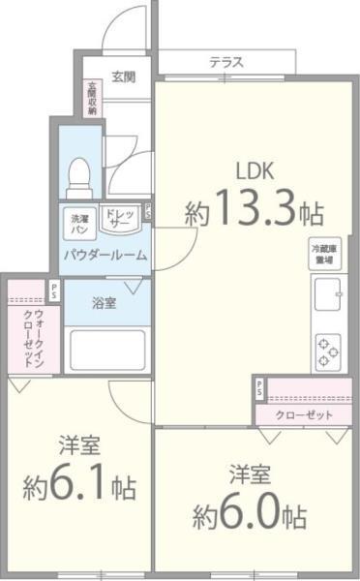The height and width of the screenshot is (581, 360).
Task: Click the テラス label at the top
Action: click(x=225, y=62)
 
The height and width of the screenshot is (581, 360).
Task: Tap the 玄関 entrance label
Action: click(x=122, y=76)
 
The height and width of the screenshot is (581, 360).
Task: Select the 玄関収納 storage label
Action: click(x=92, y=98)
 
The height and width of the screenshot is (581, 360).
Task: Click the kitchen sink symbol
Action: click(x=327, y=291)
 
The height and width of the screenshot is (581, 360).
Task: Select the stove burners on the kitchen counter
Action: click(x=328, y=352)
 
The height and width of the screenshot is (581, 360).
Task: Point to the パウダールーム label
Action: click(x=105, y=256)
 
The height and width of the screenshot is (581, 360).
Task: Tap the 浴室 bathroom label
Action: click(x=104, y=304)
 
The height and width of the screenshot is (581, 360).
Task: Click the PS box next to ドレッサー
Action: click(x=146, y=210)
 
